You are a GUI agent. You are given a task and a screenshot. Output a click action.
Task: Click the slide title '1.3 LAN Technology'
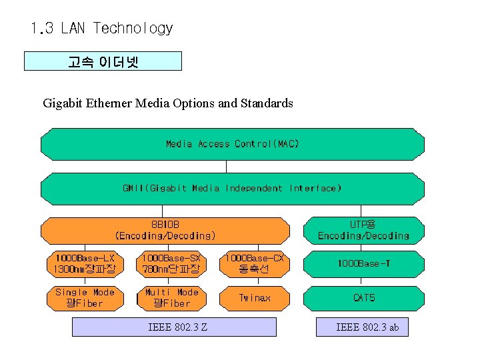[x=101, y=29]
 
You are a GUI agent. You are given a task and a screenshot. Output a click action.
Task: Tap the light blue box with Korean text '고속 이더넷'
[x=103, y=61]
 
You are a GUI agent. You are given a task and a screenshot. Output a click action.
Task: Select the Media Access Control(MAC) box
[x=233, y=144]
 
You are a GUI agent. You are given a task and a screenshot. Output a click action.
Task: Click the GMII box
[x=233, y=189]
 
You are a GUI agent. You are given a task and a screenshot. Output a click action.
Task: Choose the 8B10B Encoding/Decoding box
[x=165, y=230]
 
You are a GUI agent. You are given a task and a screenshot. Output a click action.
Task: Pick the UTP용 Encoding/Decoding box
[x=363, y=230]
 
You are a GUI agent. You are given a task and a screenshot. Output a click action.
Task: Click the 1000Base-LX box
[x=85, y=263]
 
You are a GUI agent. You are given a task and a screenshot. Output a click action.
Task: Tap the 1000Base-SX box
[x=171, y=263]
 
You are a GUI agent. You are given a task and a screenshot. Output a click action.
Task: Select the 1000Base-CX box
[x=254, y=263]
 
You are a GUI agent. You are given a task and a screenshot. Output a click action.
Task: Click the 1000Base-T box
[x=364, y=264]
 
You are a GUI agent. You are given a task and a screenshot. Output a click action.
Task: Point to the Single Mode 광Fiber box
[x=85, y=298]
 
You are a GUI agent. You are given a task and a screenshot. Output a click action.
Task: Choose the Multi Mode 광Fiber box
[x=171, y=298]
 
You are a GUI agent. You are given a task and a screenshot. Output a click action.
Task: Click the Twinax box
[x=255, y=298]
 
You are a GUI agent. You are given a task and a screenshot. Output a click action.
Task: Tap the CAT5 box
[x=364, y=298]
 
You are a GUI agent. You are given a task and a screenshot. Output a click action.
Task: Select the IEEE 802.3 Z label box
[x=174, y=327]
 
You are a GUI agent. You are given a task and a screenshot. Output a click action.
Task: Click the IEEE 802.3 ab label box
[x=367, y=327]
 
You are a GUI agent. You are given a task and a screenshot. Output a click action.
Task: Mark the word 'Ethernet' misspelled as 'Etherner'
[x=109, y=103]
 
